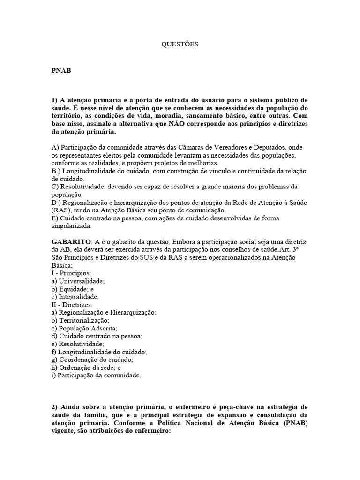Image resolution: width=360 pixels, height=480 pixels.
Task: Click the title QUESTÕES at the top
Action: (x=180, y=45)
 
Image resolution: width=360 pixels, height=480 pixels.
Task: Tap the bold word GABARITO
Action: (x=71, y=242)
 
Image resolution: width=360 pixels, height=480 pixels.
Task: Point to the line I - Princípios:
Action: (x=71, y=273)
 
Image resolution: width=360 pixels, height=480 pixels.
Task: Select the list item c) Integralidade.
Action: (x=75, y=297)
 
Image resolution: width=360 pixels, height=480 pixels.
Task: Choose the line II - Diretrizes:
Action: (x=72, y=304)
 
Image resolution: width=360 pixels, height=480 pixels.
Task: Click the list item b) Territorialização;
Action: (x=80, y=320)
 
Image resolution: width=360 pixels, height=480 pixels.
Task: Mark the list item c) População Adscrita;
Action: (x=84, y=328)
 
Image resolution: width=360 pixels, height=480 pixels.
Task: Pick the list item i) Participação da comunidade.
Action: (x=96, y=375)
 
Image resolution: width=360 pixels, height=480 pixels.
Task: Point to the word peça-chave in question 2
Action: (x=239, y=407)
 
